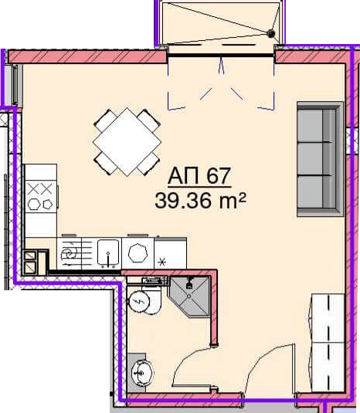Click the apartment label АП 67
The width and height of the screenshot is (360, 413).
(199, 176)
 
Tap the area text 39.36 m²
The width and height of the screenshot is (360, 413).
(200, 201)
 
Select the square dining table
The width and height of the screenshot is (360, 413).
(127, 142)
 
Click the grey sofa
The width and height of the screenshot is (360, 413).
(320, 159)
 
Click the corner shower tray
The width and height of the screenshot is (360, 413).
(189, 296)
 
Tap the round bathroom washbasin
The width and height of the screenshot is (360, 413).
(142, 372)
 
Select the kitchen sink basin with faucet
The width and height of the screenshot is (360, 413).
(108, 252)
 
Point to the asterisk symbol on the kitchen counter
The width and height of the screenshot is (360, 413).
(161, 262)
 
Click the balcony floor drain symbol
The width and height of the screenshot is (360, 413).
(270, 33)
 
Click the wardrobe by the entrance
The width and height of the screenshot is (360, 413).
(328, 343)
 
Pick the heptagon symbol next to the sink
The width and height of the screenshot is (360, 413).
(138, 253)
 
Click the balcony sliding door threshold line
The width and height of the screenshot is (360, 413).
(221, 55)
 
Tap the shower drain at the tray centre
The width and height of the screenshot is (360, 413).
(189, 296)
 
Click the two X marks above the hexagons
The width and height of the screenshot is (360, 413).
(40, 189)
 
